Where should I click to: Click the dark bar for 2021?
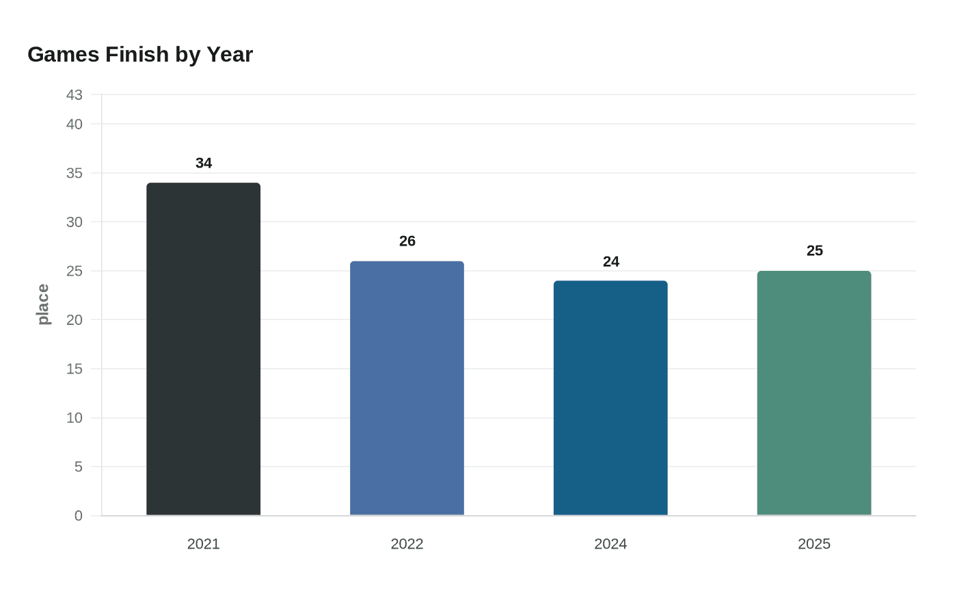(x=203, y=349)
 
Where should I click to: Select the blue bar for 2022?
(x=407, y=388)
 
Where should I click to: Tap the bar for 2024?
(x=610, y=397)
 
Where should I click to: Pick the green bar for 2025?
(x=814, y=393)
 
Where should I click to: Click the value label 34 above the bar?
(x=204, y=163)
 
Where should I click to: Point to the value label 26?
(x=407, y=241)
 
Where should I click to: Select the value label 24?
(x=611, y=261)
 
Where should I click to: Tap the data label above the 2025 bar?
(x=815, y=251)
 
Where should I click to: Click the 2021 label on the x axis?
(x=203, y=544)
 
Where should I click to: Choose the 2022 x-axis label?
(x=407, y=544)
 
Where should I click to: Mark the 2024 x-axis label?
(x=610, y=544)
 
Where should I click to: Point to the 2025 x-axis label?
(x=814, y=544)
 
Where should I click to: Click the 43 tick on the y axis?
(x=75, y=95)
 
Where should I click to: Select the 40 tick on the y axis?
(x=75, y=125)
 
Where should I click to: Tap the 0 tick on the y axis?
(x=79, y=516)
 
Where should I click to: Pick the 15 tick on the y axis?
(x=75, y=369)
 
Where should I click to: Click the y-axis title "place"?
(x=43, y=304)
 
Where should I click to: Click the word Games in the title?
(x=64, y=54)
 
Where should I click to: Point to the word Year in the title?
(x=230, y=54)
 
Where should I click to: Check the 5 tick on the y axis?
(x=79, y=467)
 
